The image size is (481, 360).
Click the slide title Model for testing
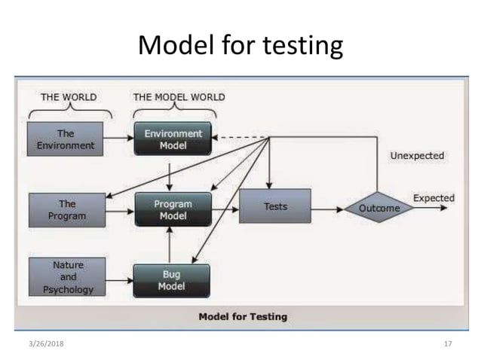240,45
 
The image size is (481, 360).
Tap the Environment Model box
173,139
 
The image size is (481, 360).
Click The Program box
67,209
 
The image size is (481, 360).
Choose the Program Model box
173,209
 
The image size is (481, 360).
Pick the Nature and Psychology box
67,276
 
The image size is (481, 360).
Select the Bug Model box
172,279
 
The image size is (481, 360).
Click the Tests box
274,206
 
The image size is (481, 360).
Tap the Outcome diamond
379,208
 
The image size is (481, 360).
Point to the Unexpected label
416,156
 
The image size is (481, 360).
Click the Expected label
434,198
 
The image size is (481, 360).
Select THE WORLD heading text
69,97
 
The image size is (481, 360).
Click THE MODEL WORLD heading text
179,97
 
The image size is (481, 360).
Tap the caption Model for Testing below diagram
242,316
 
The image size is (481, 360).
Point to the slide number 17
447,343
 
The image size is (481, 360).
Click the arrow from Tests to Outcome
326,207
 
